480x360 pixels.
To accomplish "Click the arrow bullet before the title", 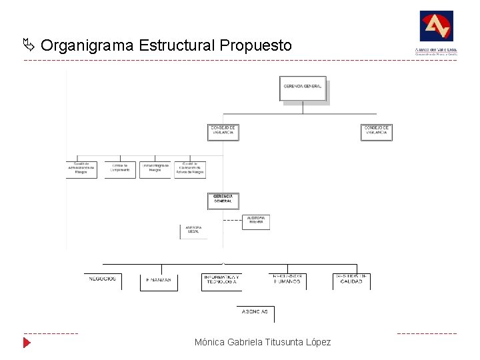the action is [x=29, y=45].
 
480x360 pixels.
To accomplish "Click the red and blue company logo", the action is [x=436, y=27].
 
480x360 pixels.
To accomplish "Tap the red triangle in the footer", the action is [x=27, y=343].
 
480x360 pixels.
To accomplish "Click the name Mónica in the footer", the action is [x=209, y=342].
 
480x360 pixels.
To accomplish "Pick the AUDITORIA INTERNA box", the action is [x=256, y=221].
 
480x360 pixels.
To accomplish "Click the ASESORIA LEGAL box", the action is [x=193, y=231].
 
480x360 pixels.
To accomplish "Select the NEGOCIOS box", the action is [x=102, y=279].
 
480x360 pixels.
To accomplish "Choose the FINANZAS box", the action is [x=159, y=281].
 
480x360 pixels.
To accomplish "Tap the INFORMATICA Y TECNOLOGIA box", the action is [x=221, y=281].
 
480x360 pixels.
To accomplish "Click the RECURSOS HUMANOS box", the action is [x=287, y=280].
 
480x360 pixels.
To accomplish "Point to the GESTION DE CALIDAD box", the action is [x=351, y=280].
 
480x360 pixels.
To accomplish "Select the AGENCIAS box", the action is [x=255, y=313].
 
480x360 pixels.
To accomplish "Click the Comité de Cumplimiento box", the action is [x=120, y=169].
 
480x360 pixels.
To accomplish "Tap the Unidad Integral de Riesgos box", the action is [x=155, y=169].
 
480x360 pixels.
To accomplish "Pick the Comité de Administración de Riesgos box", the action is [x=81, y=169].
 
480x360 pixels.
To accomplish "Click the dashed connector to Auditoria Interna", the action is [x=233, y=220].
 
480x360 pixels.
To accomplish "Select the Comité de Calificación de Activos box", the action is [x=190, y=169].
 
